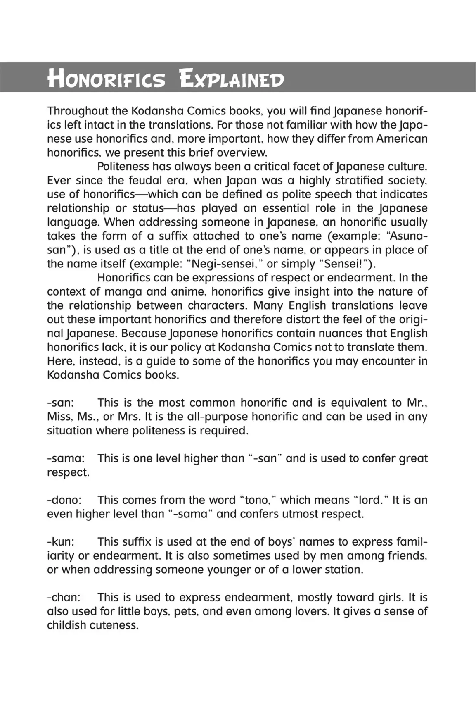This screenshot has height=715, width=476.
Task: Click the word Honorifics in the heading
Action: (107, 79)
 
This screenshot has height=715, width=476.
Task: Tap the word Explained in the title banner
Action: (232, 79)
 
